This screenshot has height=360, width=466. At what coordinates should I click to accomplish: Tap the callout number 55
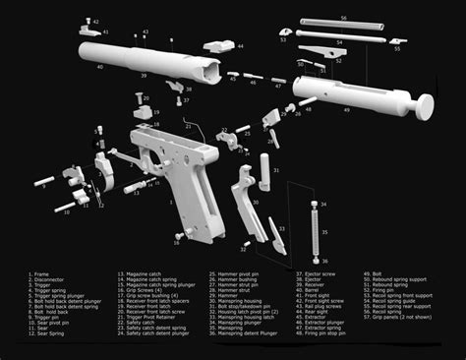click(397, 48)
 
